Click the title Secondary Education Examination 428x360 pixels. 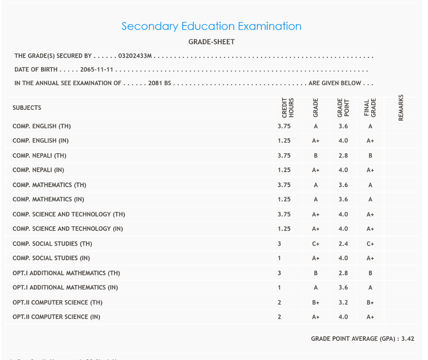211,26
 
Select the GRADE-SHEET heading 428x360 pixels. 211,42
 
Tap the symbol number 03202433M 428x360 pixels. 135,56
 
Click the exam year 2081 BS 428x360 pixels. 160,83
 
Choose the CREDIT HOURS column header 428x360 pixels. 288,108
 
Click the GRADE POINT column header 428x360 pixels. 343,108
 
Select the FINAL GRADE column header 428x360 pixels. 370,108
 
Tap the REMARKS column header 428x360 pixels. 401,108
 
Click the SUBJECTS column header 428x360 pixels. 27,108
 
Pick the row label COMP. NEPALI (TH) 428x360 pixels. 39,156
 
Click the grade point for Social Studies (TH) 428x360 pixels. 343,244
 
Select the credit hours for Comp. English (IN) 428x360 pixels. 284,141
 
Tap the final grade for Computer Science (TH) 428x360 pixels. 370,302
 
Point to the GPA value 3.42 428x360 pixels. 408,339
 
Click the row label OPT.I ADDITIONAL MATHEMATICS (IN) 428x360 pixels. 65,288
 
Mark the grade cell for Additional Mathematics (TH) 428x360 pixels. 316,273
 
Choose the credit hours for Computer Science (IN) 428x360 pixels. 279,317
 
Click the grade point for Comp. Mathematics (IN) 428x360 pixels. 343,200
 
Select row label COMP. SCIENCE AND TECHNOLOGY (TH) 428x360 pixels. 69,214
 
